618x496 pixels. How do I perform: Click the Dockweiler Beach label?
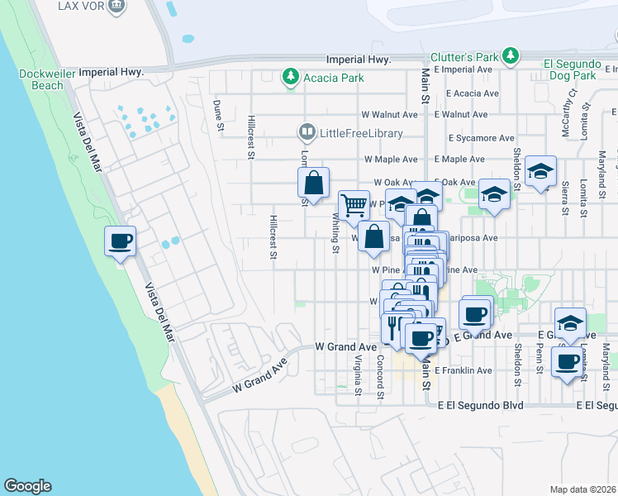pyautogui.click(x=41, y=79)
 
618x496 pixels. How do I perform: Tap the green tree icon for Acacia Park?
pyautogui.click(x=290, y=78)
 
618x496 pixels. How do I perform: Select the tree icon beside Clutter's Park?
pyautogui.click(x=511, y=56)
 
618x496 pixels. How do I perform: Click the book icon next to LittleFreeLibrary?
pyautogui.click(x=307, y=132)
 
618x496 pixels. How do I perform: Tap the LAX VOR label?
pyautogui.click(x=80, y=6)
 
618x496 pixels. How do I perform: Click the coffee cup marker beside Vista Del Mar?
pyautogui.click(x=120, y=241)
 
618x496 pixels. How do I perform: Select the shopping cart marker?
pyautogui.click(x=354, y=205)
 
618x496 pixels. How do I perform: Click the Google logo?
pyautogui.click(x=27, y=486)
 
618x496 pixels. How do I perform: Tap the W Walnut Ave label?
pyautogui.click(x=389, y=114)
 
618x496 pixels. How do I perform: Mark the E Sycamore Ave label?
pyautogui.click(x=479, y=137)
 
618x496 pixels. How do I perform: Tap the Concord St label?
pyautogui.click(x=381, y=376)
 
